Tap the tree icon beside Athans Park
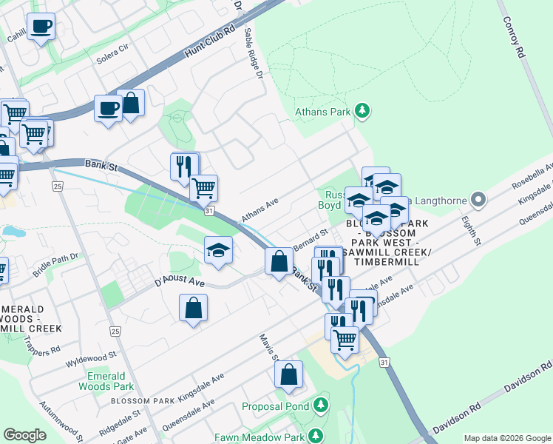click(362, 112)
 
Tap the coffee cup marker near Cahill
click(41, 27)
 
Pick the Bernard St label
click(310, 239)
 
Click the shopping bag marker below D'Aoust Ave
click(193, 307)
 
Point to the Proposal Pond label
click(276, 406)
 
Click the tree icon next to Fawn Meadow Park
click(316, 435)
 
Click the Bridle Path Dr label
click(55, 264)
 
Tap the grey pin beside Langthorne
click(478, 199)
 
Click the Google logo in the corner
click(25, 435)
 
